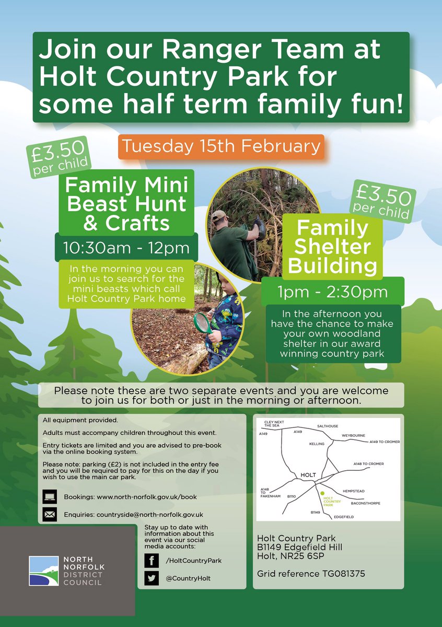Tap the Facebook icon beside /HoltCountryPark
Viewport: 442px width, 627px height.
pos(152,561)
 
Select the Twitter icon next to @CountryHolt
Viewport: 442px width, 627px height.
pos(152,578)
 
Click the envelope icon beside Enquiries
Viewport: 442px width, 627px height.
pos(50,515)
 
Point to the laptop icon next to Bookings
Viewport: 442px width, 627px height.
pos(50,496)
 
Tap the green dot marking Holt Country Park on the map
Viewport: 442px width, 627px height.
pos(322,493)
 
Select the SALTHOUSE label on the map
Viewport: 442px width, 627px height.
pos(328,426)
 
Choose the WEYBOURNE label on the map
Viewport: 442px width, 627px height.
pos(354,435)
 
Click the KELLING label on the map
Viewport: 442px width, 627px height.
pos(317,444)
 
